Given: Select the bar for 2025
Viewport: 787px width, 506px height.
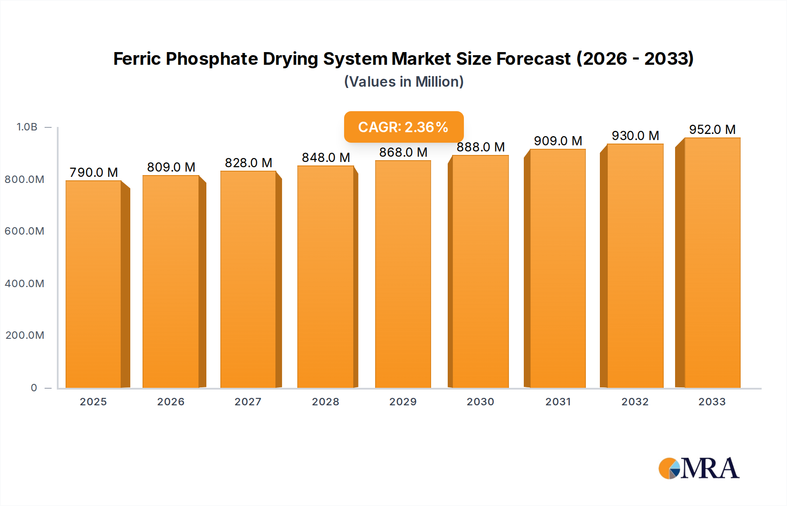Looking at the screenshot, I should point(94,285).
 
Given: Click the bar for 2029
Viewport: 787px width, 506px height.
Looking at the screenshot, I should point(403,274).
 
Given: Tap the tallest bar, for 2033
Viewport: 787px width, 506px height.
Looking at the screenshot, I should point(712,263).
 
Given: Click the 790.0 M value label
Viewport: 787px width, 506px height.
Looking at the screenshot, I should point(94,172).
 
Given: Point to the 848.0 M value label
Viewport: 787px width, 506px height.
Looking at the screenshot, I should point(326,158).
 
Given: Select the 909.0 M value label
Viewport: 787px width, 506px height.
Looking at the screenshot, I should point(558,141).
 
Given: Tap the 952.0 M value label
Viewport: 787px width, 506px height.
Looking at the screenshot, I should point(712,130).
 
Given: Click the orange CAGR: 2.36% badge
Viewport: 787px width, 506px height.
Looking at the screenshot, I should point(404,127).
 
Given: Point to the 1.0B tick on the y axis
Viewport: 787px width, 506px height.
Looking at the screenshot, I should point(27,127).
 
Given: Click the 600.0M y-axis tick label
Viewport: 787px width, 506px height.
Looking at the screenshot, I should point(24,231).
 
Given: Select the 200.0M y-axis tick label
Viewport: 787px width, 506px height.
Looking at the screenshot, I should point(25,335).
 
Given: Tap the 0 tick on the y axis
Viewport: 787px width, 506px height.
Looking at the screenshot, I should point(34,388).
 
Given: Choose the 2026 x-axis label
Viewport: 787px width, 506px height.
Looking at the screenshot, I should point(171,402).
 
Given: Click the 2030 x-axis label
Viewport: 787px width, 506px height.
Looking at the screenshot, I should point(480,402).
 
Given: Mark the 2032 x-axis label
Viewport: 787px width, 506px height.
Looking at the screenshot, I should point(635,402).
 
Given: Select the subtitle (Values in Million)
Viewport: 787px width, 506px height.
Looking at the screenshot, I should point(404,82).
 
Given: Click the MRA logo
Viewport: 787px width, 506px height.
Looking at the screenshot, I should point(698,468).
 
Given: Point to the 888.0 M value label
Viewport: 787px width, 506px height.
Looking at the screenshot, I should point(481,147).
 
